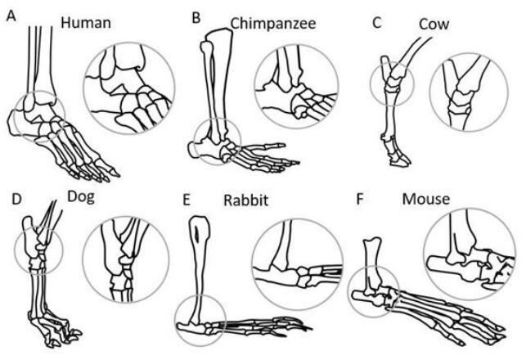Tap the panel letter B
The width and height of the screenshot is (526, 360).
(x=196, y=16)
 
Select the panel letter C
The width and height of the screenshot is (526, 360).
(x=377, y=23)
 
